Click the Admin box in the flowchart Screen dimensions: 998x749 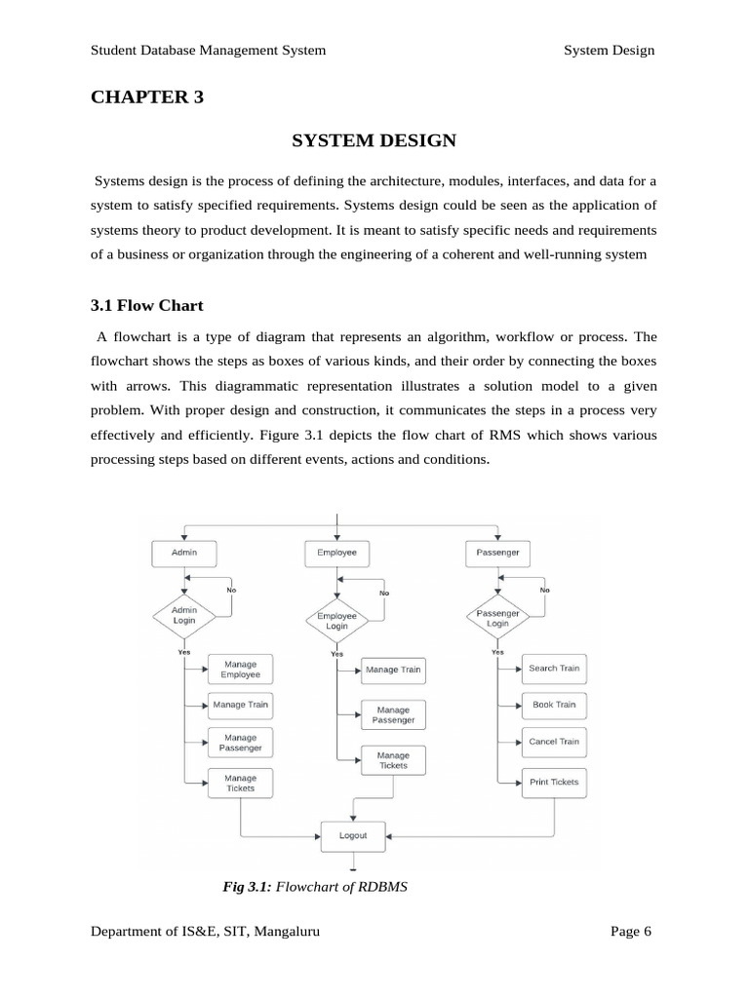point(183,553)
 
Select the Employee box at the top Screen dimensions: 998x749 point(336,553)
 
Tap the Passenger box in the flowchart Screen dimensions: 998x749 point(497,553)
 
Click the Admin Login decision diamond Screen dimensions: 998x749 point(184,616)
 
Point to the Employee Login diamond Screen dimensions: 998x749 point(336,621)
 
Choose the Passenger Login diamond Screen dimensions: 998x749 point(497,617)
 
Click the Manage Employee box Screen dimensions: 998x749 point(240,670)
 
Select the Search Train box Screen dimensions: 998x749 point(554,669)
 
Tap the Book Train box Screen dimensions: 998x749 point(554,705)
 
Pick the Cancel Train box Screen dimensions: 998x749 point(554,742)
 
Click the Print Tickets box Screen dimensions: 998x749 point(554,782)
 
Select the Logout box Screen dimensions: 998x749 point(353,835)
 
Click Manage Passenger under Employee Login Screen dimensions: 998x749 point(393,715)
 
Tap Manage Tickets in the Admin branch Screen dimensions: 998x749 point(240,783)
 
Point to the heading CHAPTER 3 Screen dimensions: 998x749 point(147,96)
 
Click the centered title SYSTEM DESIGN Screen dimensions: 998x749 point(374,140)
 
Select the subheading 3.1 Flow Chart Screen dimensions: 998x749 point(147,305)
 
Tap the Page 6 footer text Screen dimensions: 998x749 point(630,932)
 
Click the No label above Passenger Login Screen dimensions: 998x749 point(544,590)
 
